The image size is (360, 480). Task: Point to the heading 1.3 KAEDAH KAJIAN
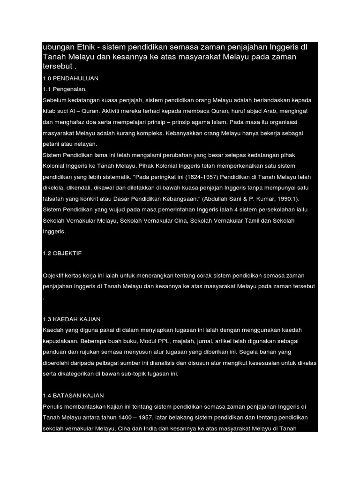coord(71,319)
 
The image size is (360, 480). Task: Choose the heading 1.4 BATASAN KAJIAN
coord(73,396)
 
